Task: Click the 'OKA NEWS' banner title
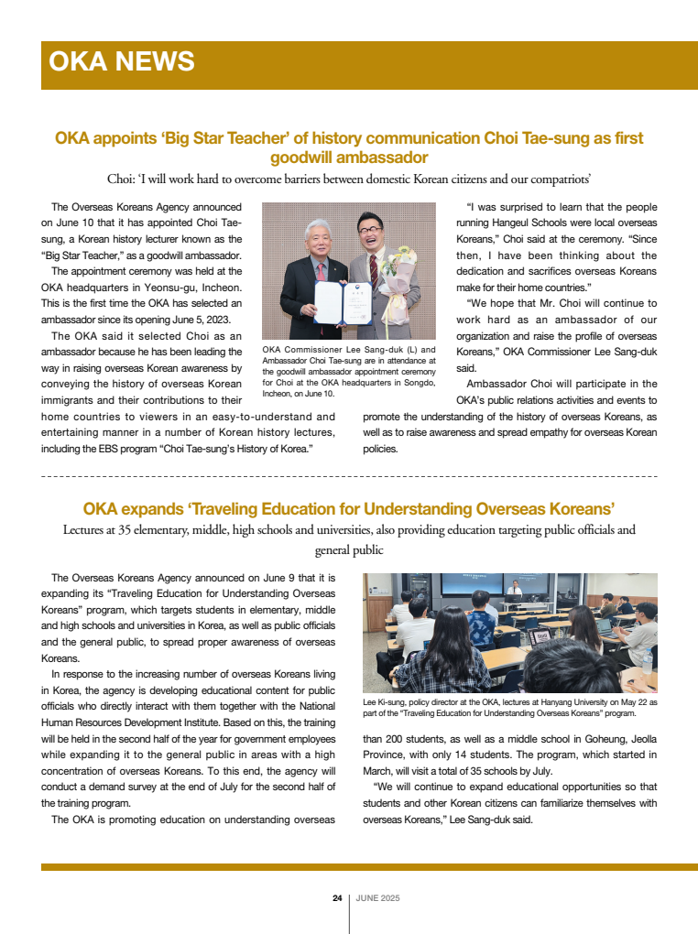click(x=122, y=62)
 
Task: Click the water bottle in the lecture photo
click(x=648, y=658)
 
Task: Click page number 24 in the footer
click(x=337, y=898)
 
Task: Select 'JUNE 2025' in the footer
click(x=377, y=898)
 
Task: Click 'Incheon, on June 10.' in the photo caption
click(x=299, y=394)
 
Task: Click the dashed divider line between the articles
click(x=349, y=477)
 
